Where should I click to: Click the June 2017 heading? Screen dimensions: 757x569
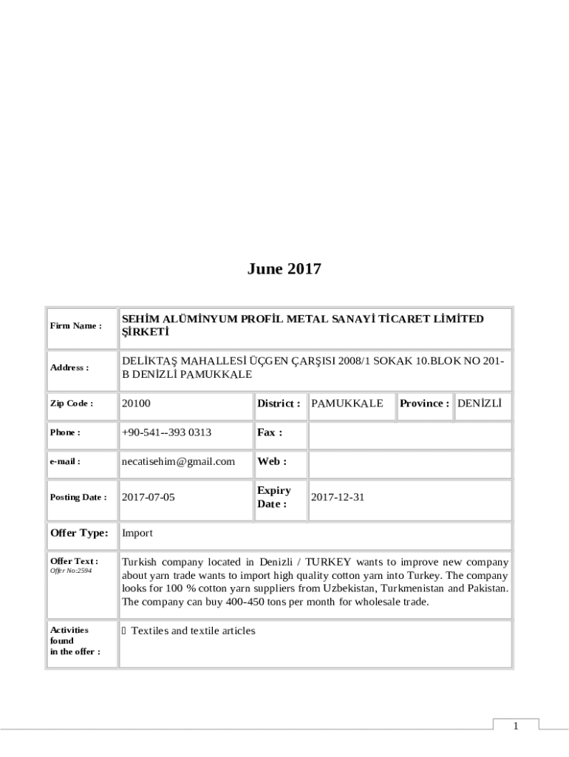click(x=284, y=269)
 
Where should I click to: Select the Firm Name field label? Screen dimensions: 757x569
click(x=75, y=326)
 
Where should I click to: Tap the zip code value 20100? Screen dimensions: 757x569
click(x=136, y=404)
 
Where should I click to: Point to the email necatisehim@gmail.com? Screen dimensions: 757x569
click(x=178, y=461)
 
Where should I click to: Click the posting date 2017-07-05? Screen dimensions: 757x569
click(x=148, y=498)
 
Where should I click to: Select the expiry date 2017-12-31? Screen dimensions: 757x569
click(x=338, y=498)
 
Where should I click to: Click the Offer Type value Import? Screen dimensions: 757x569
click(x=137, y=533)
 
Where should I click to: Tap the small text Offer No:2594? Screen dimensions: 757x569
click(x=71, y=571)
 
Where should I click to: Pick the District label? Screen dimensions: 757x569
click(x=279, y=404)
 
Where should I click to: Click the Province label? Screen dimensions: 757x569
click(x=425, y=404)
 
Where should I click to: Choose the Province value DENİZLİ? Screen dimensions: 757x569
click(x=480, y=404)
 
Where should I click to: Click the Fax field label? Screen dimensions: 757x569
click(x=270, y=432)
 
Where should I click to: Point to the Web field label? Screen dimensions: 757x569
click(x=272, y=461)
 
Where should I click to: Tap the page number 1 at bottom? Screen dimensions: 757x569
click(x=517, y=727)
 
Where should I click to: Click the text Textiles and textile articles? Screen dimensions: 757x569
click(x=193, y=631)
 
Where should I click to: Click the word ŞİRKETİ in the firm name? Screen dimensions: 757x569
click(x=146, y=333)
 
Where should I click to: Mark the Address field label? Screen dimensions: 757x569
click(x=69, y=367)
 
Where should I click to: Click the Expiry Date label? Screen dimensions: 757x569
click(x=274, y=497)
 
